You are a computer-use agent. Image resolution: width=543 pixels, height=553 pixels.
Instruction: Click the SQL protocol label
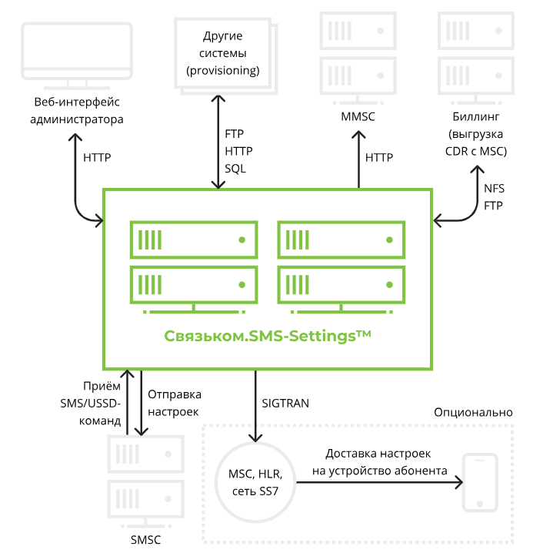[235, 168]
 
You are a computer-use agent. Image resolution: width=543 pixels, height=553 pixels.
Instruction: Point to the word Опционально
[473, 412]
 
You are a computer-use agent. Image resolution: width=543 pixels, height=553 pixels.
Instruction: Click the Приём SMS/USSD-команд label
[91, 404]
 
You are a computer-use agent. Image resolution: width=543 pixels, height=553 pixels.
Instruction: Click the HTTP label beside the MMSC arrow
[379, 157]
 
